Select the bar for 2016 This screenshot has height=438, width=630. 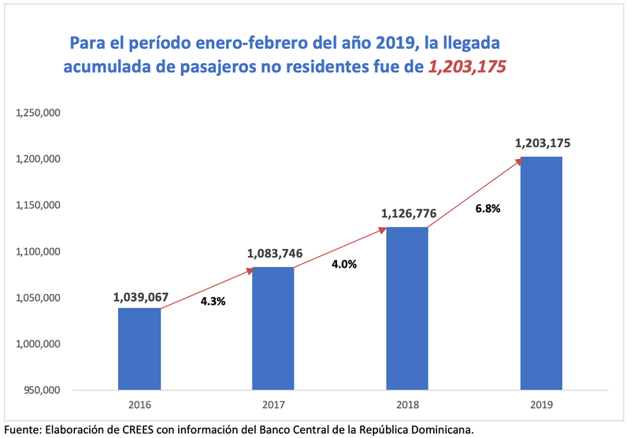tap(139, 349)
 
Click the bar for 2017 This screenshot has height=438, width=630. tap(273, 328)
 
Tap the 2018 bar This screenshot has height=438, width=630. tap(407, 309)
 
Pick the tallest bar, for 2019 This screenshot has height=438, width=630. tap(542, 273)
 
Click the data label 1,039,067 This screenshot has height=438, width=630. tap(141, 297)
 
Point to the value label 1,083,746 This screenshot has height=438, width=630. tap(275, 254)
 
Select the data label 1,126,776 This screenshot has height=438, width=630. tap(409, 213)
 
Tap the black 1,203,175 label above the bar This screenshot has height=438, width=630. tap(543, 143)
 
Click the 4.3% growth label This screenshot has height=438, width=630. tap(213, 301)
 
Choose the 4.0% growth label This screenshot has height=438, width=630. tap(344, 265)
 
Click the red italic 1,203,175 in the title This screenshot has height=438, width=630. tap(466, 68)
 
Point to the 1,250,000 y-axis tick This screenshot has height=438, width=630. tap(39, 113)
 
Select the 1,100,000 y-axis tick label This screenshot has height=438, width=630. tap(39, 252)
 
